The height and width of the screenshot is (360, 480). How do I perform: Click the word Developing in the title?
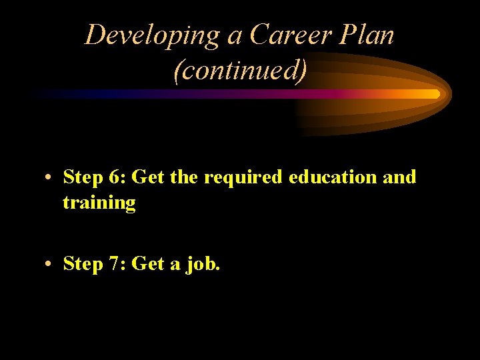point(153,35)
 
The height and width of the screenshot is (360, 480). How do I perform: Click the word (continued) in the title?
point(240,70)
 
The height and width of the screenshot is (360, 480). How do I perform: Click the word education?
point(321,177)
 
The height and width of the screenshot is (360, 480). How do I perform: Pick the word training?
point(99,203)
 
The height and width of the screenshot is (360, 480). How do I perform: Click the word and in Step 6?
point(400,177)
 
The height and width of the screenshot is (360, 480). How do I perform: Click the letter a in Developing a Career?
point(235,36)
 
